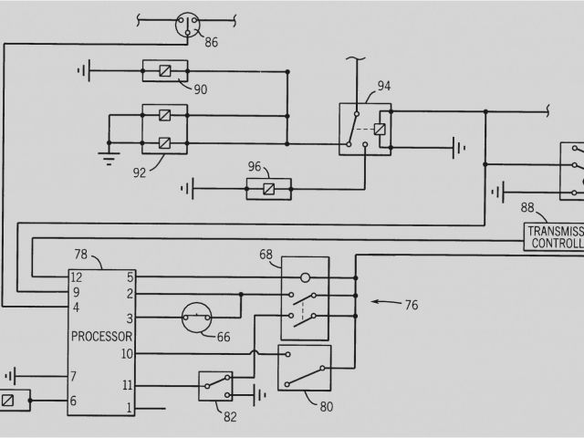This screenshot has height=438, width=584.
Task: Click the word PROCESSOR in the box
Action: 99,335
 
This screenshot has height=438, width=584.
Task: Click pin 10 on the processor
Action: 127,353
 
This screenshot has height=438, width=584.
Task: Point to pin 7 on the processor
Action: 74,376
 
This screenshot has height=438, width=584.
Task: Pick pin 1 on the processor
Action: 130,407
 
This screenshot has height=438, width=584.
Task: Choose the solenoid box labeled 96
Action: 268,190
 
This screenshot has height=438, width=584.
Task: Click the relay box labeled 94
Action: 366,129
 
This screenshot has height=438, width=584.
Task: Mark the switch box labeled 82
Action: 215,385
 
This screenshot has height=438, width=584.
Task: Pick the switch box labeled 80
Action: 304,368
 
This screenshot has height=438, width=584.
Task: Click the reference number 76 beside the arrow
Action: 411,305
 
